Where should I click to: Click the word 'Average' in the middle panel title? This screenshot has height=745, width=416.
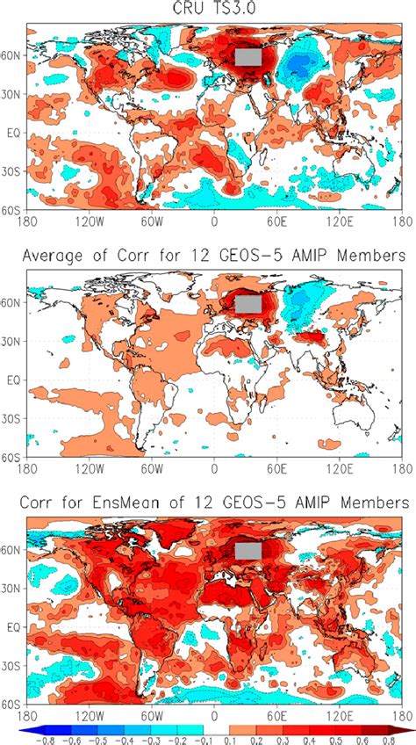tap(66, 258)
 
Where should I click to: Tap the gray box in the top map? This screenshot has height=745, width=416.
tap(247, 56)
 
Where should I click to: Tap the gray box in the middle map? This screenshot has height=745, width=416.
tap(248, 304)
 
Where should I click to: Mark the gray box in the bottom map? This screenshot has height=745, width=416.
tap(248, 551)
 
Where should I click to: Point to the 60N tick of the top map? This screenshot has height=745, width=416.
tap(13, 54)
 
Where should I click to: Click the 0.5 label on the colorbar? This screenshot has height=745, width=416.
tap(332, 740)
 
